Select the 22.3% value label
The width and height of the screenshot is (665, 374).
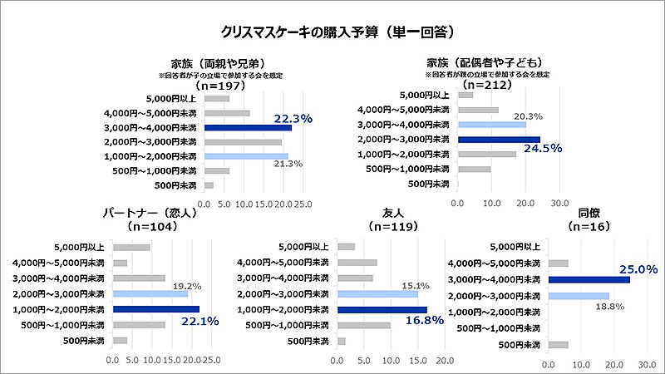293,119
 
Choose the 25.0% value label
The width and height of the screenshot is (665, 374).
639,269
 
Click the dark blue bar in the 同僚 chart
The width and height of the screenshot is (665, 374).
589,280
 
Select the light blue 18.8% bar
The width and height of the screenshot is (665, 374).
579,295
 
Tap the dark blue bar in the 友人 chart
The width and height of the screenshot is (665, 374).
382,309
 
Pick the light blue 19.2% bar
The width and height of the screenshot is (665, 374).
150,293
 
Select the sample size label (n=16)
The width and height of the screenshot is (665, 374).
589,226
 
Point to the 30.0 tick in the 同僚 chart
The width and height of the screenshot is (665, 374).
648,364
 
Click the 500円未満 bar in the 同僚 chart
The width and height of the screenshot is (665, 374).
559,345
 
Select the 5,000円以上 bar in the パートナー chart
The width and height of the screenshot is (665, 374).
131,247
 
